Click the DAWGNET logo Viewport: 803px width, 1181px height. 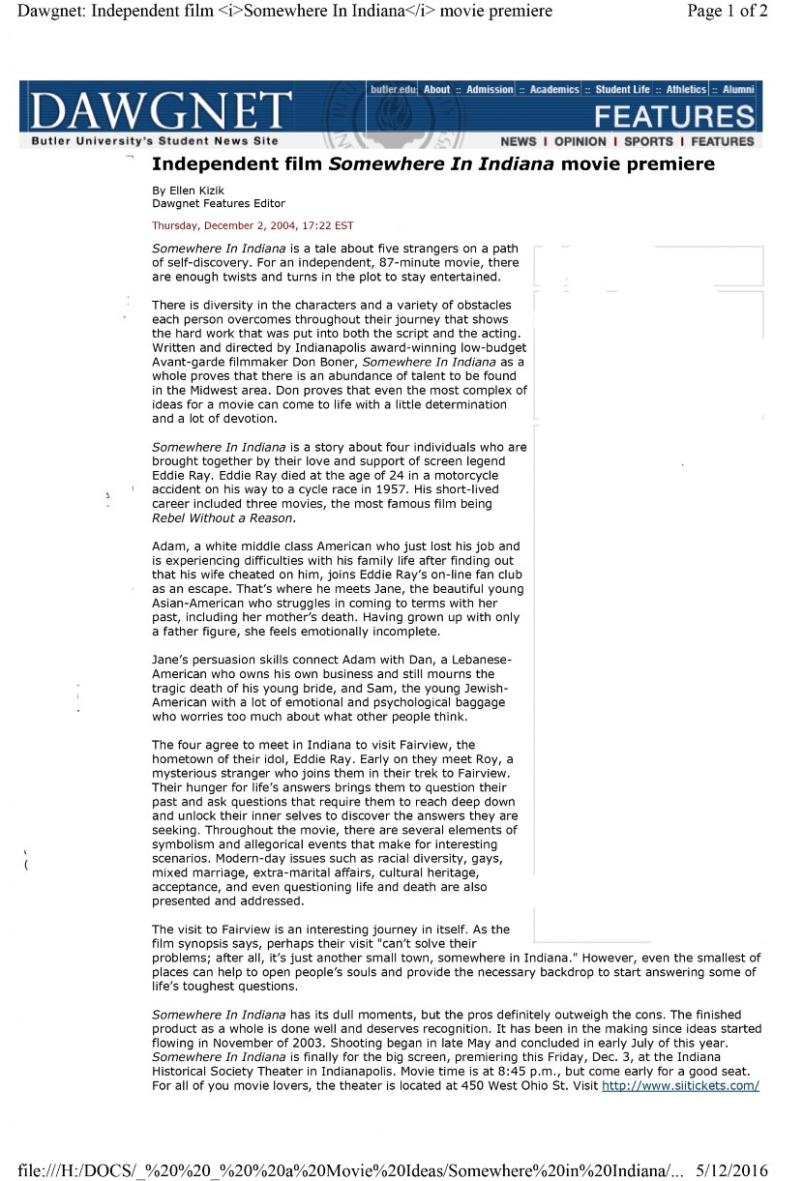coord(161,110)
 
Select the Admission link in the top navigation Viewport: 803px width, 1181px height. coord(490,90)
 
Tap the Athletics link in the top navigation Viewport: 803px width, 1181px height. coord(686,90)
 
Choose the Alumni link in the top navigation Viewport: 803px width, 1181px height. coord(738,90)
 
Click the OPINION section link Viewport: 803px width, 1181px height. coord(580,141)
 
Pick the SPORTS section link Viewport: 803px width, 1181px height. coord(648,141)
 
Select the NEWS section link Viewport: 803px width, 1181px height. coord(519,141)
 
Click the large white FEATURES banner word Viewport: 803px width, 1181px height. coord(674,117)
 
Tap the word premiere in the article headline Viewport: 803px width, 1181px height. coord(669,164)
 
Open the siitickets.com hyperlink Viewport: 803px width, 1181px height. coord(680,1086)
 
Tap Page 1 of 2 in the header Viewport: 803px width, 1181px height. coord(728,12)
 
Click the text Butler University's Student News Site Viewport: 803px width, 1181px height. coord(155,141)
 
